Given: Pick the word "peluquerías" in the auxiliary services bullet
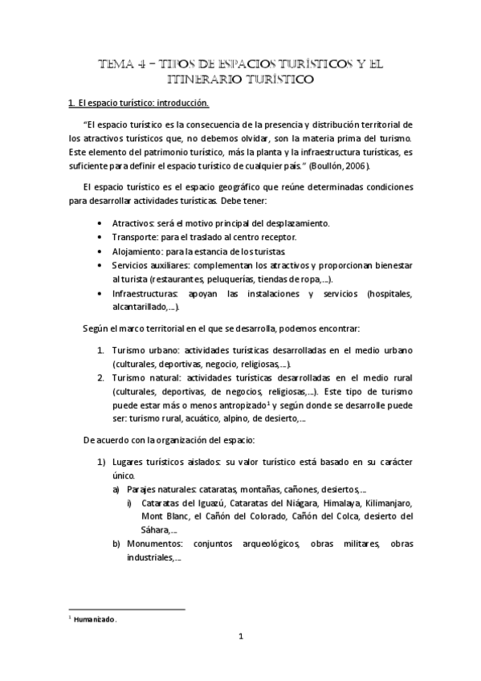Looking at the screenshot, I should pyautogui.click(x=234, y=279).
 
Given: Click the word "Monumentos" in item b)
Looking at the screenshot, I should pyautogui.click(x=153, y=544).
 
